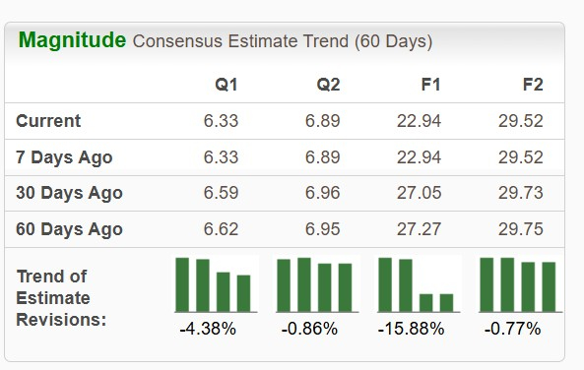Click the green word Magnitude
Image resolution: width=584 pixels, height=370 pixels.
click(x=73, y=40)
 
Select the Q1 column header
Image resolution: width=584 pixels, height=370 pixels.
click(x=226, y=85)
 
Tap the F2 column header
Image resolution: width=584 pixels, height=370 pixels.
click(x=532, y=85)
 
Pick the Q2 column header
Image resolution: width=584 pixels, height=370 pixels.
click(x=328, y=85)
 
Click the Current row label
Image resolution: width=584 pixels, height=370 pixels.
click(x=48, y=121)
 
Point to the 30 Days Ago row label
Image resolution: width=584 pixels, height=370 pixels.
click(x=69, y=193)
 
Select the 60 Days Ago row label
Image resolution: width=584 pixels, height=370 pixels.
click(x=69, y=229)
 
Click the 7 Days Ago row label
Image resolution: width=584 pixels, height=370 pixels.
click(x=64, y=157)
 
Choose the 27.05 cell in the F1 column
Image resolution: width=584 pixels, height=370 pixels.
click(x=419, y=193)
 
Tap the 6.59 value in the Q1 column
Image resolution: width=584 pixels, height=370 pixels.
click(x=221, y=193)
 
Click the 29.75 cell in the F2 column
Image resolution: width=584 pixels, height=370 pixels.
click(x=520, y=229)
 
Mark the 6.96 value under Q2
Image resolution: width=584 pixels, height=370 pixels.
click(x=323, y=193)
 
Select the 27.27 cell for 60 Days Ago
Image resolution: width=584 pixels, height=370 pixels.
click(x=419, y=229)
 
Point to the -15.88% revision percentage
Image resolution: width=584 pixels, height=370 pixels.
click(x=411, y=329)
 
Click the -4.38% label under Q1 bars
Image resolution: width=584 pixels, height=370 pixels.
click(x=208, y=329)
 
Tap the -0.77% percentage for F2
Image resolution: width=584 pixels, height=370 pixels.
click(x=512, y=329)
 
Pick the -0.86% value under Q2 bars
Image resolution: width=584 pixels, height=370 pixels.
click(x=309, y=329)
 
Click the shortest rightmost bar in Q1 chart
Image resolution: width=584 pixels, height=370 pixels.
click(x=244, y=292)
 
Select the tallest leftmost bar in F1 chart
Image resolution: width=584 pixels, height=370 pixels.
click(x=385, y=284)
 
